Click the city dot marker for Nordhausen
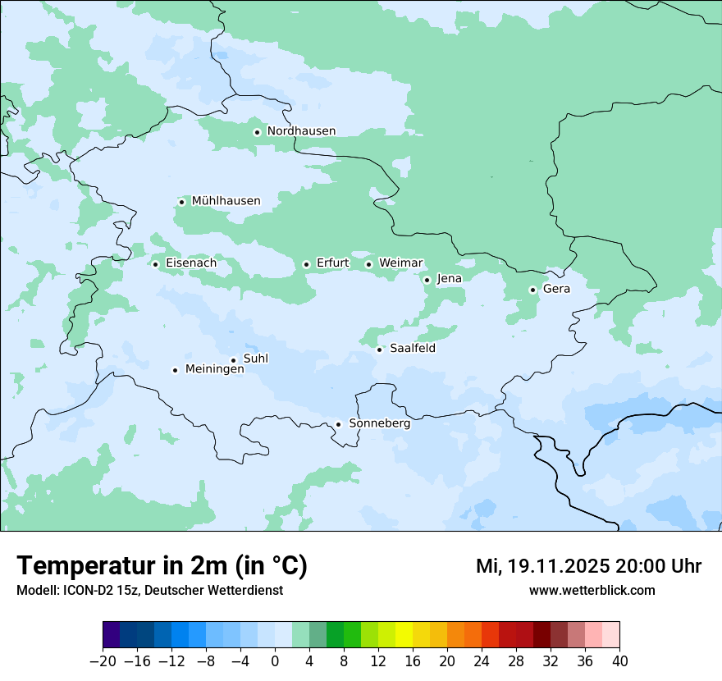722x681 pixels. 257,132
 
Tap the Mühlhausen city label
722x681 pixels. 226,201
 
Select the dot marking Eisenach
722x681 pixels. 155,264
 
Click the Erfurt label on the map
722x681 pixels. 332,263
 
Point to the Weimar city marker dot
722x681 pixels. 368,264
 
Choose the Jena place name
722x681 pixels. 449,279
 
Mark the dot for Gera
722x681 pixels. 532,290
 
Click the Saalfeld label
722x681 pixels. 412,349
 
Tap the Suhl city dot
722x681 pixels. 233,360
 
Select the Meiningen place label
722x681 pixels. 214,369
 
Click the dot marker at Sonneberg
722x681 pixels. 338,425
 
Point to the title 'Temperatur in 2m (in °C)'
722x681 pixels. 162,566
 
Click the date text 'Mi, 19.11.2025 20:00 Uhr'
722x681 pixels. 588,566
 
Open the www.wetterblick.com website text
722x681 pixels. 592,591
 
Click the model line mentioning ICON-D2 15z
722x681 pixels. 149,591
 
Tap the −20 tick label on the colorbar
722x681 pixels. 103,661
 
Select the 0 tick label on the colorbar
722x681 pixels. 275,661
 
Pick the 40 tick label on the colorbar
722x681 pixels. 619,661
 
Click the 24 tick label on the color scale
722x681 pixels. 482,661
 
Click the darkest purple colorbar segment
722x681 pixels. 111,635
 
